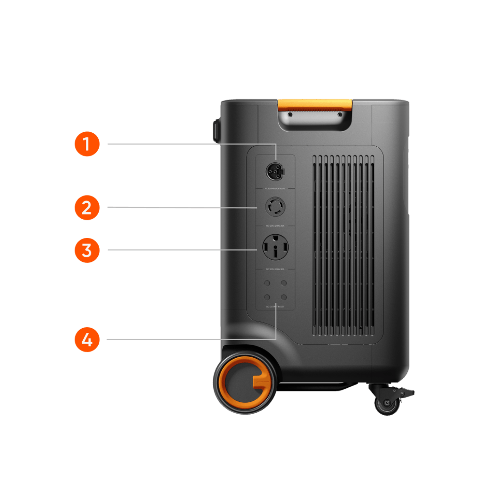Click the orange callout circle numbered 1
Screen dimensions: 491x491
coord(87,144)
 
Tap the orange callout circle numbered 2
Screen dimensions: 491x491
coord(87,207)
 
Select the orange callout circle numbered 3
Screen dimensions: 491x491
coord(87,250)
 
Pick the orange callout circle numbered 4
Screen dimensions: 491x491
coord(87,339)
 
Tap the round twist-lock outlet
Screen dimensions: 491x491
coord(275,208)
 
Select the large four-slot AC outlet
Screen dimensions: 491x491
coord(275,247)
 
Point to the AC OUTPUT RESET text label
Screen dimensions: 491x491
coord(275,307)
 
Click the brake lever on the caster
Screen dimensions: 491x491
coord(406,392)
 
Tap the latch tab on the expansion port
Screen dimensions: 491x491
coord(283,171)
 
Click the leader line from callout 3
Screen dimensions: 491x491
coord(182,250)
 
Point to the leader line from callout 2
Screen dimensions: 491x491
coord(182,207)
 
